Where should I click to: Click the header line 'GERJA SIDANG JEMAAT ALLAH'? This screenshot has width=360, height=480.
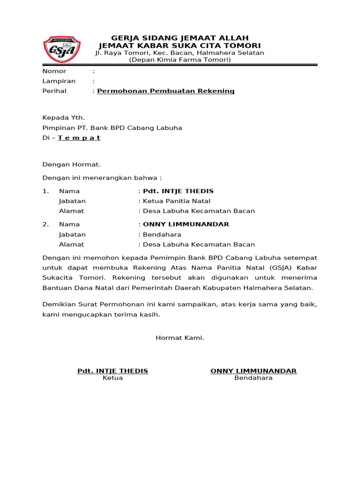tap(180, 37)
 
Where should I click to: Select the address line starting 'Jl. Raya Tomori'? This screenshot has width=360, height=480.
tap(180, 53)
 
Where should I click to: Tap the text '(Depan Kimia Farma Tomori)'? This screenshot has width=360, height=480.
tap(180, 60)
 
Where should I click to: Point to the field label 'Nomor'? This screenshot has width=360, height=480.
tap(54, 71)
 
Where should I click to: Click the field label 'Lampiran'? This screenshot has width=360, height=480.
tap(59, 81)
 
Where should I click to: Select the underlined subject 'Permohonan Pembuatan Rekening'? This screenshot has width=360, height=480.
tap(166, 91)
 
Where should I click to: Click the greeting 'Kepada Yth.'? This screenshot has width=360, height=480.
tap(64, 118)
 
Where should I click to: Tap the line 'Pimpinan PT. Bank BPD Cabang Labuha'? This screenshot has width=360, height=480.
tap(112, 127)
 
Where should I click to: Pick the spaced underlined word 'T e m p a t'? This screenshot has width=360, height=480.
tap(79, 138)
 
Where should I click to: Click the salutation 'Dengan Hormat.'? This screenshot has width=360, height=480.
tap(72, 165)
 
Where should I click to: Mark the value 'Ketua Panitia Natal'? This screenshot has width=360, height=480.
tap(173, 201)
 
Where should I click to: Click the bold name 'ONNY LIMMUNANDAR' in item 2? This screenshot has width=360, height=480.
tap(186, 224)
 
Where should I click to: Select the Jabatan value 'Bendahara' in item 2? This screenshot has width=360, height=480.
tap(162, 234)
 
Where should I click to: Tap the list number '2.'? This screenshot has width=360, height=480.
tap(45, 224)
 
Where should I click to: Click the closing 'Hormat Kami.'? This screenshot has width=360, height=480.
tap(180, 337)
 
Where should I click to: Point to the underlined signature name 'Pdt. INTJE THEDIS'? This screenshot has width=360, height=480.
tap(112, 371)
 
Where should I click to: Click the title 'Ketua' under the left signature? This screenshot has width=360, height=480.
tap(112, 378)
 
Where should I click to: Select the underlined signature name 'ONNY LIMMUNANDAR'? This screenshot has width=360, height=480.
tap(254, 371)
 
